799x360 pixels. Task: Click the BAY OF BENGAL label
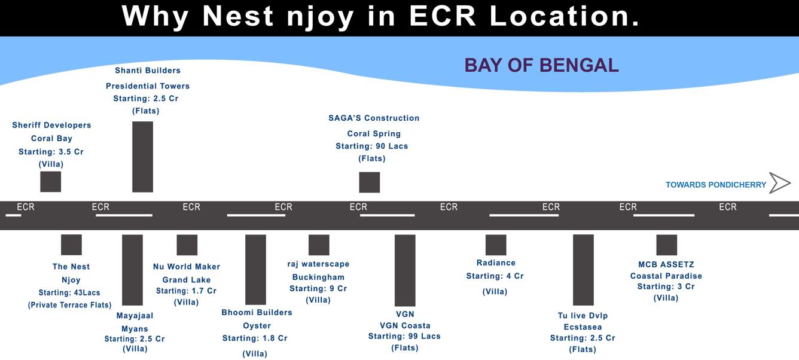pos(541,65)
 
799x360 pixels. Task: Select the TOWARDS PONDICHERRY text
pos(716,185)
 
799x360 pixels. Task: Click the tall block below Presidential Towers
pos(143,157)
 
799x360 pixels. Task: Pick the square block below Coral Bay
pos(51,182)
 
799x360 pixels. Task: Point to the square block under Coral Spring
pos(370,182)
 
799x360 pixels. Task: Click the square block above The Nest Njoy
pos(71,245)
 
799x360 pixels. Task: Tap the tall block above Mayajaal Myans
pos(132,270)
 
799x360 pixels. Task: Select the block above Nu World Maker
pos(187,245)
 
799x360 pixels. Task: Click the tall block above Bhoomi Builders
pos(255,269)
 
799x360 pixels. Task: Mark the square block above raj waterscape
pos(319,245)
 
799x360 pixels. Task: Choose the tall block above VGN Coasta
pos(405,270)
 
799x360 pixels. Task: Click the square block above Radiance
pos(496,245)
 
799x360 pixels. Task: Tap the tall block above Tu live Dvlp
pos(583,270)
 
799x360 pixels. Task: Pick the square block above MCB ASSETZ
pos(667,245)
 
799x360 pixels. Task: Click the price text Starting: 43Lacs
pos(69,293)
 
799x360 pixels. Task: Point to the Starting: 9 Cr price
pos(318,289)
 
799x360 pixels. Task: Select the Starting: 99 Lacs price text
pos(404,337)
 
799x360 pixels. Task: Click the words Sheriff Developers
pos(51,125)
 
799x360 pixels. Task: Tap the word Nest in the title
pos(238,16)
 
